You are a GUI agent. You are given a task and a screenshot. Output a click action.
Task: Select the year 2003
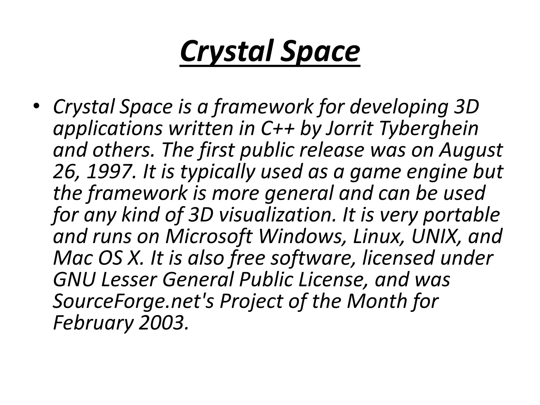click(163, 323)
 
